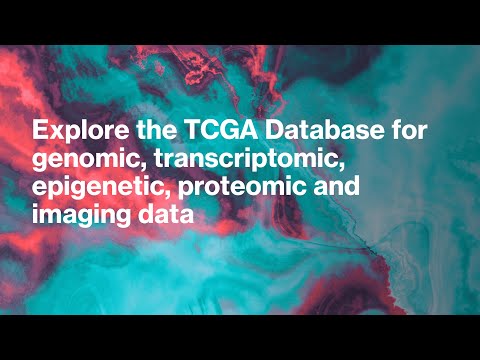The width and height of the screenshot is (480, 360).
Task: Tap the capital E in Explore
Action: [39, 131]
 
